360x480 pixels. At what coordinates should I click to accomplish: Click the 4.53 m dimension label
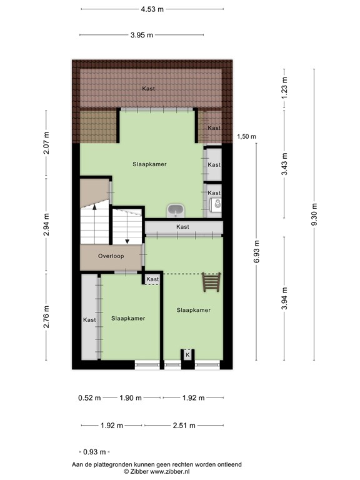tap(152, 9)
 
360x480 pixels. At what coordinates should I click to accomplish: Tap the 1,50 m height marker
tap(246, 137)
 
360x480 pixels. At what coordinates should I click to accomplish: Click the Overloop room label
tap(111, 256)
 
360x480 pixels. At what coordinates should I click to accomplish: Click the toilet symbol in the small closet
tap(217, 204)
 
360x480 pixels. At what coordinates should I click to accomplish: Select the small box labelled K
tap(187, 355)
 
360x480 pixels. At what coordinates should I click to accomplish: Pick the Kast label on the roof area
tap(148, 89)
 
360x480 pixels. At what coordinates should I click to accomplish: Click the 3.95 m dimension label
tap(142, 35)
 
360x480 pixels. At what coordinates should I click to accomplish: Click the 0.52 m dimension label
tap(89, 397)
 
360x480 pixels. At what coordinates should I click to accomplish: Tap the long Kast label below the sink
tap(182, 227)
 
